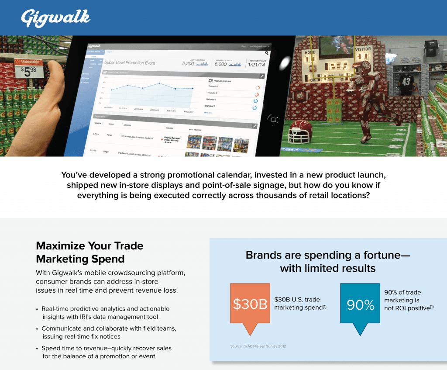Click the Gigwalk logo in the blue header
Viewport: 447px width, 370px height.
pyautogui.click(x=55, y=18)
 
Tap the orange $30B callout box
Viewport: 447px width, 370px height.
pyautogui.click(x=250, y=304)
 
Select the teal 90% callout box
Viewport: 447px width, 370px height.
pyautogui.click(x=360, y=304)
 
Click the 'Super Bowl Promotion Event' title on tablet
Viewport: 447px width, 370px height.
pyautogui.click(x=130, y=63)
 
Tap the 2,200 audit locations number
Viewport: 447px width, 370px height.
pyautogui.click(x=188, y=64)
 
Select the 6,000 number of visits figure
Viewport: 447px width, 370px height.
pyautogui.click(x=220, y=64)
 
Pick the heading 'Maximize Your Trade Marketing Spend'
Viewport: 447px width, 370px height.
pyautogui.click(x=89, y=252)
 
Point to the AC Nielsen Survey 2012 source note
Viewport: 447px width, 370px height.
pyautogui.click(x=258, y=346)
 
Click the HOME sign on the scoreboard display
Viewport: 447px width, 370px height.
pyautogui.click(x=310, y=52)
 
